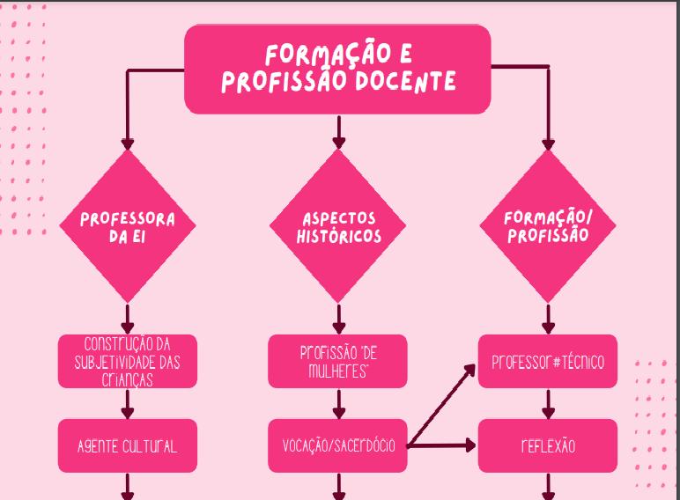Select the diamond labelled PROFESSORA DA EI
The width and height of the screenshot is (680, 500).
coord(128,226)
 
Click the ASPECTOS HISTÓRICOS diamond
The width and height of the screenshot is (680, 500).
coord(338,226)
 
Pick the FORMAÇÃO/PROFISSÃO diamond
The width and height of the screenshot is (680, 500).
coord(548,226)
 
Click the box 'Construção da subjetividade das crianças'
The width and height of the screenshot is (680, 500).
coord(128,361)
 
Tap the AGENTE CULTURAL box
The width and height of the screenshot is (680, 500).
coord(128,445)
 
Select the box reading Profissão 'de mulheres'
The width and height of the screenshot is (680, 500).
coord(338,361)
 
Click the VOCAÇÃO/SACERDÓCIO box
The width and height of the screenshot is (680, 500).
coord(338,445)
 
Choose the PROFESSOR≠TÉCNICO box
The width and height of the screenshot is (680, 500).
coord(548,361)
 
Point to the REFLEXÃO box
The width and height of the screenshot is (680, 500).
coord(548,445)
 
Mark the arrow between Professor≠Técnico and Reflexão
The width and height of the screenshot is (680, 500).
coord(548,403)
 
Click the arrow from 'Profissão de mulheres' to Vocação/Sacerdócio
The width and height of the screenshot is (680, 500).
coord(338,403)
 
